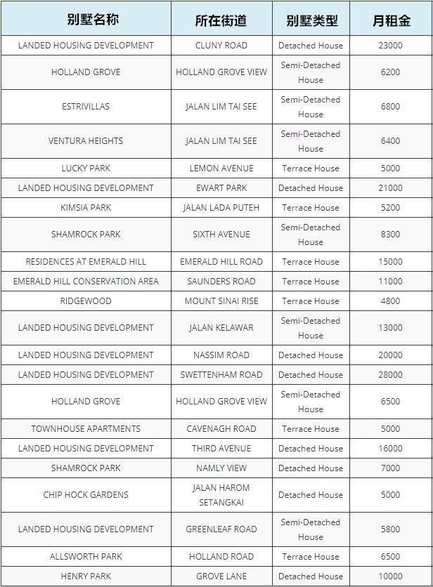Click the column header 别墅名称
pos(86,20)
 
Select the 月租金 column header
pos(391,20)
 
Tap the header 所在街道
pos(221,20)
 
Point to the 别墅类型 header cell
pos(311,20)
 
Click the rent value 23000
pos(391,46)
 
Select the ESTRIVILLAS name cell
pos(86,107)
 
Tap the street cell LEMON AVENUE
pos(221,169)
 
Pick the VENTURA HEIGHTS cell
pos(86,141)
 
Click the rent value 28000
pos(391,375)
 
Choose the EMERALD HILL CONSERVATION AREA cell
pos(86,282)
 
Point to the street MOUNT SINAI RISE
pos(221,301)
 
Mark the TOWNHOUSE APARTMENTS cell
pos(86,429)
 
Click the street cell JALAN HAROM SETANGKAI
pos(221,495)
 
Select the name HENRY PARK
pos(86,576)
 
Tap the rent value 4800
pos(391,301)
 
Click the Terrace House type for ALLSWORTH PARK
pos(311,557)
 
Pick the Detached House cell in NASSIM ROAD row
pos(311,355)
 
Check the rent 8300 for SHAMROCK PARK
pos(391,235)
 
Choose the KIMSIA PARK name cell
pos(86,208)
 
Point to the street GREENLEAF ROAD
pos(221,529)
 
